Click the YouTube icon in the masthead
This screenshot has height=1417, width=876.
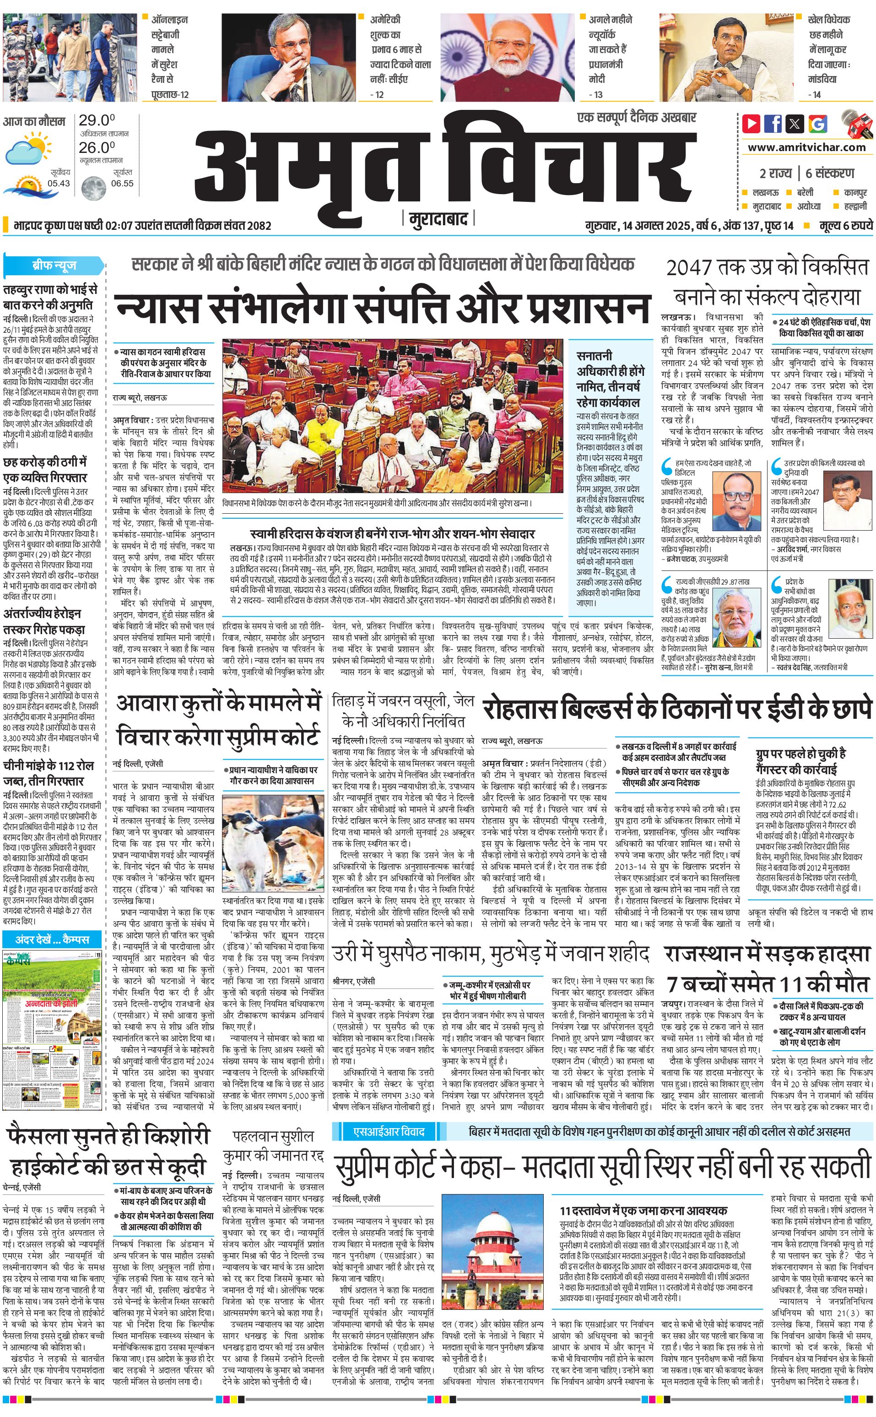[752, 124]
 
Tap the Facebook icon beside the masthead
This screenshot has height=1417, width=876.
[773, 124]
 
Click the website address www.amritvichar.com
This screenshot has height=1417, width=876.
[806, 147]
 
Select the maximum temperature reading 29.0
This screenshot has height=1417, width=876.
[97, 120]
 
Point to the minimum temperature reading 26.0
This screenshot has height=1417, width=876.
[97, 147]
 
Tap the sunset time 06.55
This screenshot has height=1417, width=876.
[122, 183]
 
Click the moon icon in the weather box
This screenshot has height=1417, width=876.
[93, 187]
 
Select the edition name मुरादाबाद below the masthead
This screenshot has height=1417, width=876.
[438, 219]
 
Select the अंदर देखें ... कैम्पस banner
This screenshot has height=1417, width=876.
[53, 939]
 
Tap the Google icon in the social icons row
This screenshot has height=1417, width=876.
[818, 124]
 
